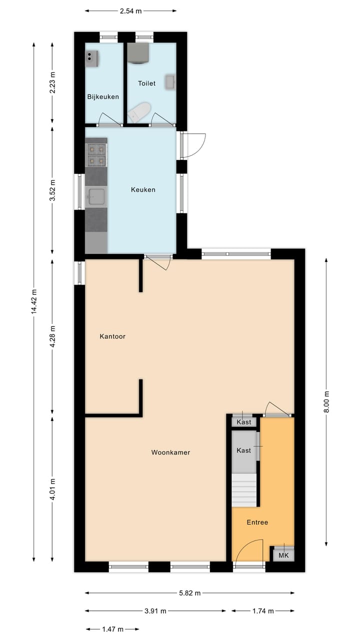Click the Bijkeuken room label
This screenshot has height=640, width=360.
tap(103, 96)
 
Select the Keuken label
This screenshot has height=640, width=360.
tap(143, 189)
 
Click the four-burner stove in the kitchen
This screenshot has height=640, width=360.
tap(96, 154)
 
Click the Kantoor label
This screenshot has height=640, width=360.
tap(112, 336)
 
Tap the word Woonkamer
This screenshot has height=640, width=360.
tap(170, 452)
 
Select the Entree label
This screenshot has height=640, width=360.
tap(257, 522)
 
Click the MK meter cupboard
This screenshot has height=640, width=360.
tap(283, 555)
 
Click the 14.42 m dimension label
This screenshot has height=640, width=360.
tap(34, 301)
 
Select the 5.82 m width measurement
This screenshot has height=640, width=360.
tap(189, 593)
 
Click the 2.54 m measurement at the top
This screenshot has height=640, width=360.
tap(130, 10)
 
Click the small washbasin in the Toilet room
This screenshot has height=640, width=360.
tap(170, 82)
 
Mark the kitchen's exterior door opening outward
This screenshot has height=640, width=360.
tap(194, 144)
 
